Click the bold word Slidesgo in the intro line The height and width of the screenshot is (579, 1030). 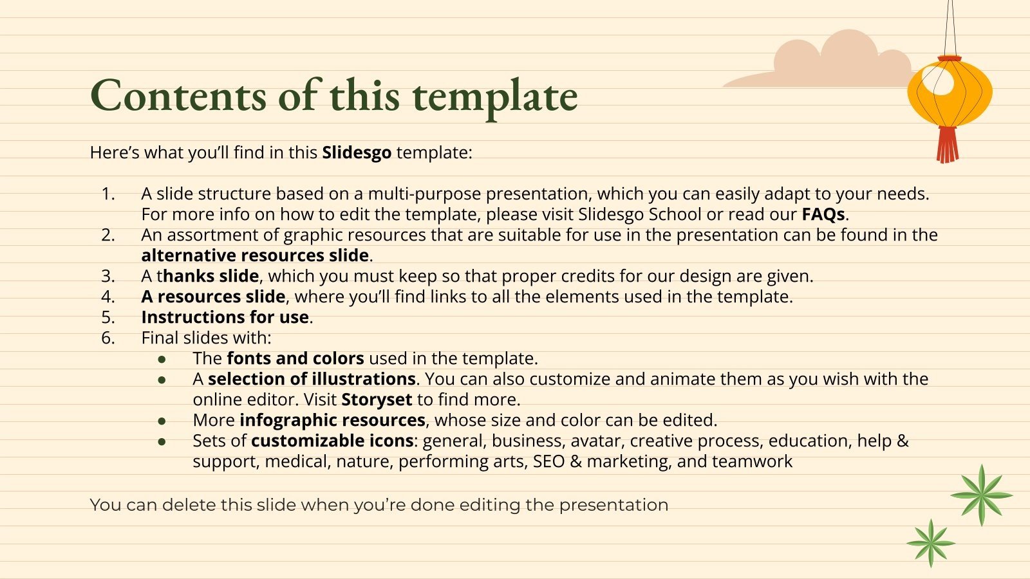357,152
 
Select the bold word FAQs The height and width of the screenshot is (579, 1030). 823,214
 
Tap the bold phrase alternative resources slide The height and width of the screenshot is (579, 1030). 255,255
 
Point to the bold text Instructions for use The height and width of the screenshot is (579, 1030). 225,317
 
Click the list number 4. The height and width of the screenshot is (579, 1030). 108,297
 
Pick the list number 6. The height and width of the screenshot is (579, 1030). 108,338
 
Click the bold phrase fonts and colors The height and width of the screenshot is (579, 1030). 295,358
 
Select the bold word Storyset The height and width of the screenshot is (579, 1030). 377,400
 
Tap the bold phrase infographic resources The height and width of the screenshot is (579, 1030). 332,420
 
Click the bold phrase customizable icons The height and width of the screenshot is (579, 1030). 332,441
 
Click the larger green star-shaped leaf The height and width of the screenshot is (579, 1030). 981,495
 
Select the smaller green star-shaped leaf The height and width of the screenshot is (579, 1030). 931,543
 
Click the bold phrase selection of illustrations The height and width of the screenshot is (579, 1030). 312,379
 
